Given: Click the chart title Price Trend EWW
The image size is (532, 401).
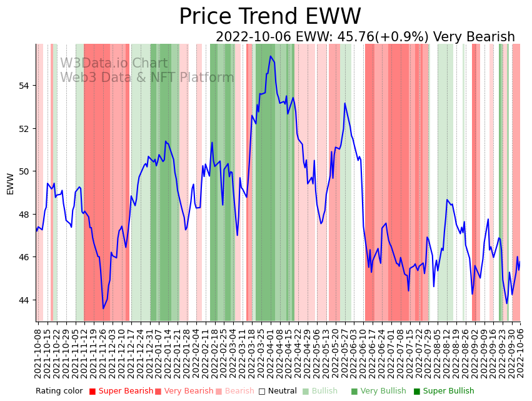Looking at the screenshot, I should [269, 17].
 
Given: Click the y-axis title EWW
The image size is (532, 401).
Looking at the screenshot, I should [10, 183].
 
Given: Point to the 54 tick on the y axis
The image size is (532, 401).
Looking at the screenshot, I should [28, 86].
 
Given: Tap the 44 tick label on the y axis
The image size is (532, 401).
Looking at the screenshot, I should [28, 300].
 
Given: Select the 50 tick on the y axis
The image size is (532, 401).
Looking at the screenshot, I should [28, 171].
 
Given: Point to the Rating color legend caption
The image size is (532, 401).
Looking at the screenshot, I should [59, 392].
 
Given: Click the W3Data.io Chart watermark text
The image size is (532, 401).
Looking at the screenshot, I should [114, 64].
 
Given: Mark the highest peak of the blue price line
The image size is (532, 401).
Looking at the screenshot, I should [271, 56].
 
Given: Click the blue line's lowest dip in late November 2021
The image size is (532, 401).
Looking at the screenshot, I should [103, 308].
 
